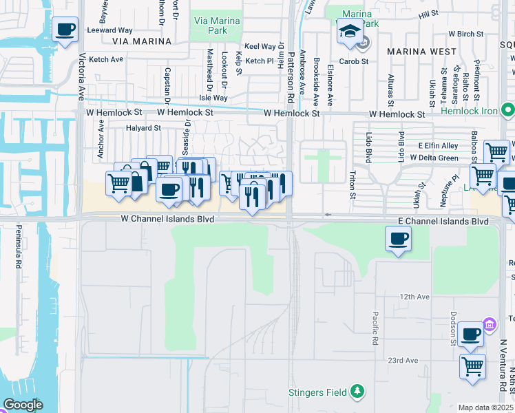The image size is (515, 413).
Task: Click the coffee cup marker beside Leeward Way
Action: click(x=65, y=30)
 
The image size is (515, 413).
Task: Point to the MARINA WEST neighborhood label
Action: click(x=421, y=52)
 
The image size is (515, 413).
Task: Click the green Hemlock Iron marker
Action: click(x=507, y=110)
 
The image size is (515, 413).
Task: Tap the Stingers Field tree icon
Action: click(x=357, y=392)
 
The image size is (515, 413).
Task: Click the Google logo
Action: click(x=23, y=405)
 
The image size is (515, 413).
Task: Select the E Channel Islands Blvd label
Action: click(x=443, y=222)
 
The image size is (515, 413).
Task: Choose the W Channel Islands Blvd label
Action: click(x=167, y=219)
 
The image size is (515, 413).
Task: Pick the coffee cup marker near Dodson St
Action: click(x=470, y=335)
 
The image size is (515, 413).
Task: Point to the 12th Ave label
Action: click(x=414, y=297)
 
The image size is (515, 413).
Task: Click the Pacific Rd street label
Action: click(x=375, y=328)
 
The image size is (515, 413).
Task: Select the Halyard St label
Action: click(x=143, y=128)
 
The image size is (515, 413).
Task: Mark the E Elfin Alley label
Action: click(x=438, y=146)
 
